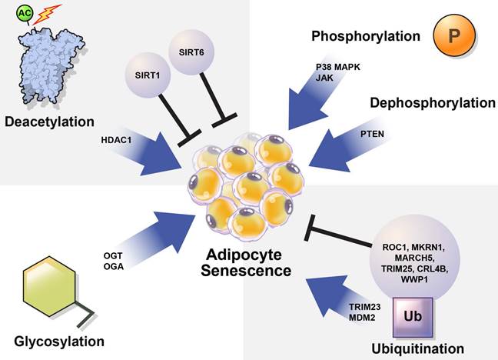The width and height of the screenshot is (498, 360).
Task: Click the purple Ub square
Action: tap(420, 316)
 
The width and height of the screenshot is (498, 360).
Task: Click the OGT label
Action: tap(113, 255)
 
